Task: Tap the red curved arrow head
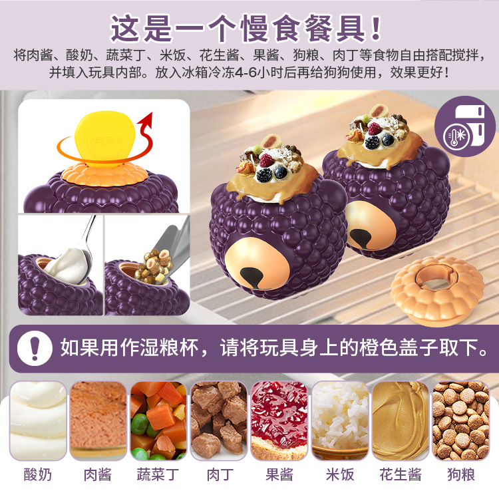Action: coord(146,118)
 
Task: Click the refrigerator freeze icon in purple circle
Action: coord(465,126)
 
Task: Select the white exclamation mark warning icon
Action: coord(35,348)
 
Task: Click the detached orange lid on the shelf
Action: coord(438,291)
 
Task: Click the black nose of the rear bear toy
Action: coord(360,238)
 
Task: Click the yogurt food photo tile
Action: coord(38,420)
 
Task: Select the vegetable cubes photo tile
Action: coord(158,420)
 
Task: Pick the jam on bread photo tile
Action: coord(279,420)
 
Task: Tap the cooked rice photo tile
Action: coord(340,420)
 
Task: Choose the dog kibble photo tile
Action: coord(461,420)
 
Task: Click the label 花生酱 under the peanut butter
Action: coord(401,474)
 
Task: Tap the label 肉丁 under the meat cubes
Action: coord(220,474)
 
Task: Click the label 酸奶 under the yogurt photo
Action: coord(37,474)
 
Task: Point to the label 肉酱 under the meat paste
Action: coord(98,474)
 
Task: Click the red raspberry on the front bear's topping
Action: coord(266,160)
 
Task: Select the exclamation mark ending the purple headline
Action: coord(376,28)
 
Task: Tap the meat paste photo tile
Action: coord(98,420)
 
